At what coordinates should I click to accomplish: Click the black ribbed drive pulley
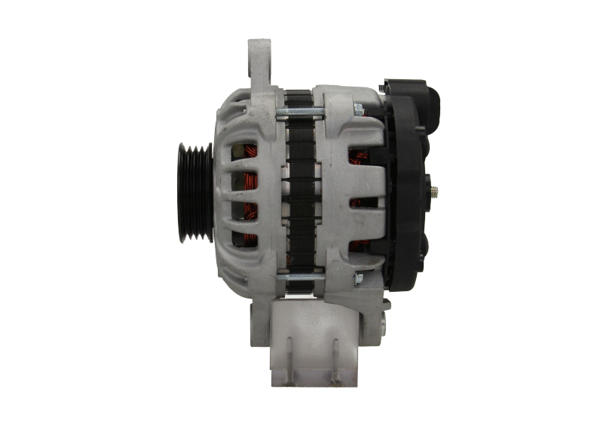(x=194, y=192)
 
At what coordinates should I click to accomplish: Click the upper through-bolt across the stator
(x=301, y=113)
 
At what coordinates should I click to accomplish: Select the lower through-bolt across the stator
(x=301, y=277)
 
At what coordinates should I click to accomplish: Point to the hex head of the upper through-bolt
(x=359, y=110)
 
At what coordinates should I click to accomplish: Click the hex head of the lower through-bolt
(x=359, y=279)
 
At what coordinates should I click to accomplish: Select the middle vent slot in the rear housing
(x=363, y=202)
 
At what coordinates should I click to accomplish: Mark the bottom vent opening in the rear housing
(x=360, y=246)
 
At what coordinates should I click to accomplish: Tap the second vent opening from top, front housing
(x=244, y=181)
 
